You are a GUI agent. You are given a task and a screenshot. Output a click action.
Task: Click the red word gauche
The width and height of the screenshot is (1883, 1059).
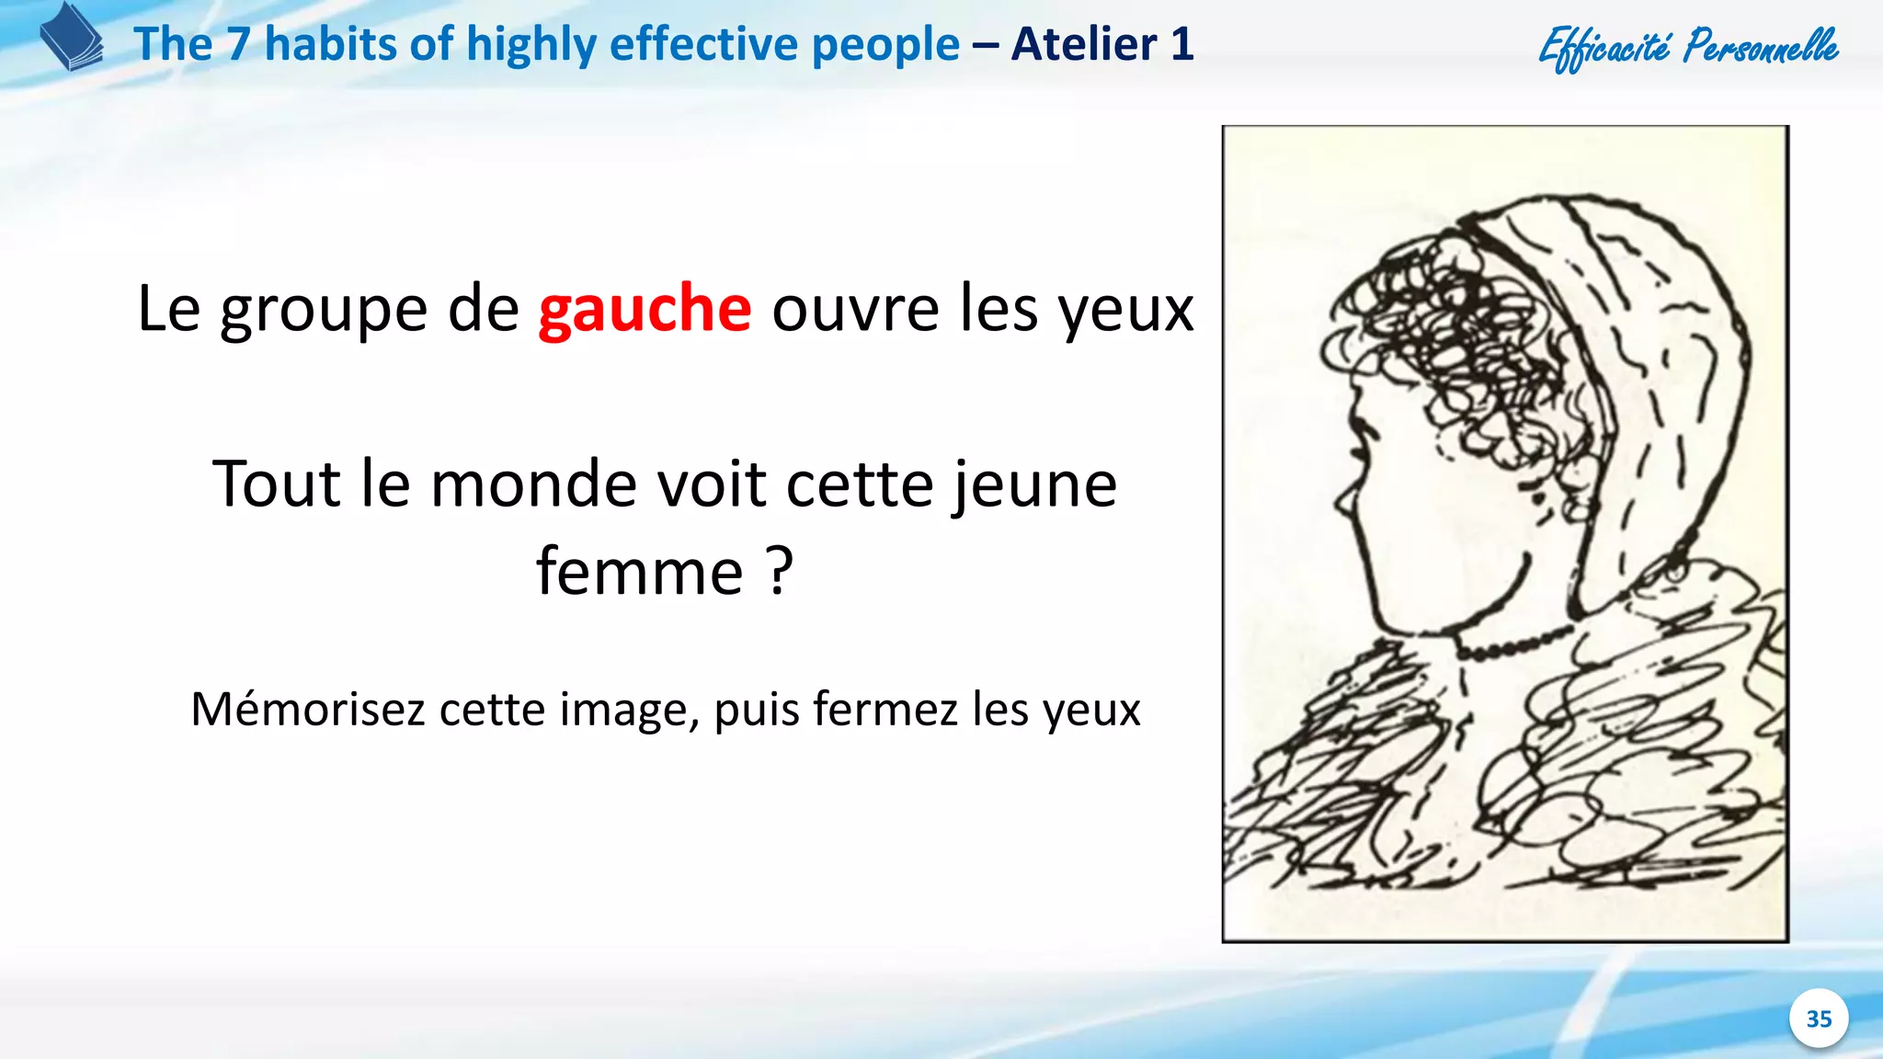(645, 310)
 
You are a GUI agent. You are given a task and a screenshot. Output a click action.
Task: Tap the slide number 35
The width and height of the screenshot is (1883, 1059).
(1819, 1019)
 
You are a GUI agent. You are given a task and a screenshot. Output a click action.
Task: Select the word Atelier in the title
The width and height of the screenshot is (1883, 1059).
(1084, 44)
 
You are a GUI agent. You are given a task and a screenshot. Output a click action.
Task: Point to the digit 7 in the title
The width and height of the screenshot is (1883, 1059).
(238, 44)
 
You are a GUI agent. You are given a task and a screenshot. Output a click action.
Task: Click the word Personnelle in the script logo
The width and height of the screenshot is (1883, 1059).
(1761, 46)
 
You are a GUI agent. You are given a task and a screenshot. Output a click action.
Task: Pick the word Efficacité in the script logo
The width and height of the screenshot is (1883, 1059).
(1604, 48)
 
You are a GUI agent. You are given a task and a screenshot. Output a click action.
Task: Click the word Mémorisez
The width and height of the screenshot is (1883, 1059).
(307, 710)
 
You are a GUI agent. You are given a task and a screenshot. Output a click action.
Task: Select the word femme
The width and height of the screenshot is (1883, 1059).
(639, 572)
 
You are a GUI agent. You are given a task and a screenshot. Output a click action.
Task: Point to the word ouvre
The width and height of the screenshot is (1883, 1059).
(855, 310)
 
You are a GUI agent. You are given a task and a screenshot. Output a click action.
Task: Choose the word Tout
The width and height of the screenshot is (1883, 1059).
(277, 484)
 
